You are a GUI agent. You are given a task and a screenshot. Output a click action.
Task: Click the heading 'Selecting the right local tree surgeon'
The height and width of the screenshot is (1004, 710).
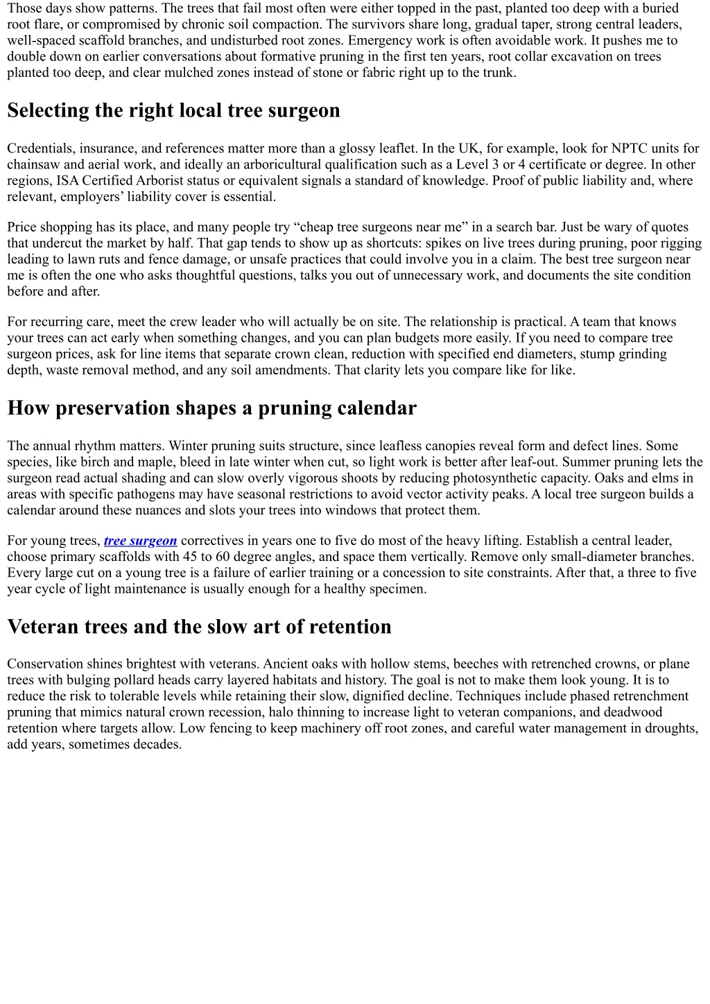pos(173,111)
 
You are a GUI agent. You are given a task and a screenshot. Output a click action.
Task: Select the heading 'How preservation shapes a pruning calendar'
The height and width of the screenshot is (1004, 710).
pos(211,408)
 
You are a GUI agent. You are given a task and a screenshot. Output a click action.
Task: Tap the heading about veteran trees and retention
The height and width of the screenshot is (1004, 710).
pos(199,627)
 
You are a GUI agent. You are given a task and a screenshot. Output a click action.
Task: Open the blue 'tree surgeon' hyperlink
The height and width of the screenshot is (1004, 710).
pos(141,541)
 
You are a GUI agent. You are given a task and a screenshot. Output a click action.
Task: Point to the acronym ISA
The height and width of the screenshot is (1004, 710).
pos(68,180)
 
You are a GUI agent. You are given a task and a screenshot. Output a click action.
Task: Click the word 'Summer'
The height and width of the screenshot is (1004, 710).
pos(589,462)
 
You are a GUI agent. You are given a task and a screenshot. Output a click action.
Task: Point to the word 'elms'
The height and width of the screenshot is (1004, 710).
pos(666,478)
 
